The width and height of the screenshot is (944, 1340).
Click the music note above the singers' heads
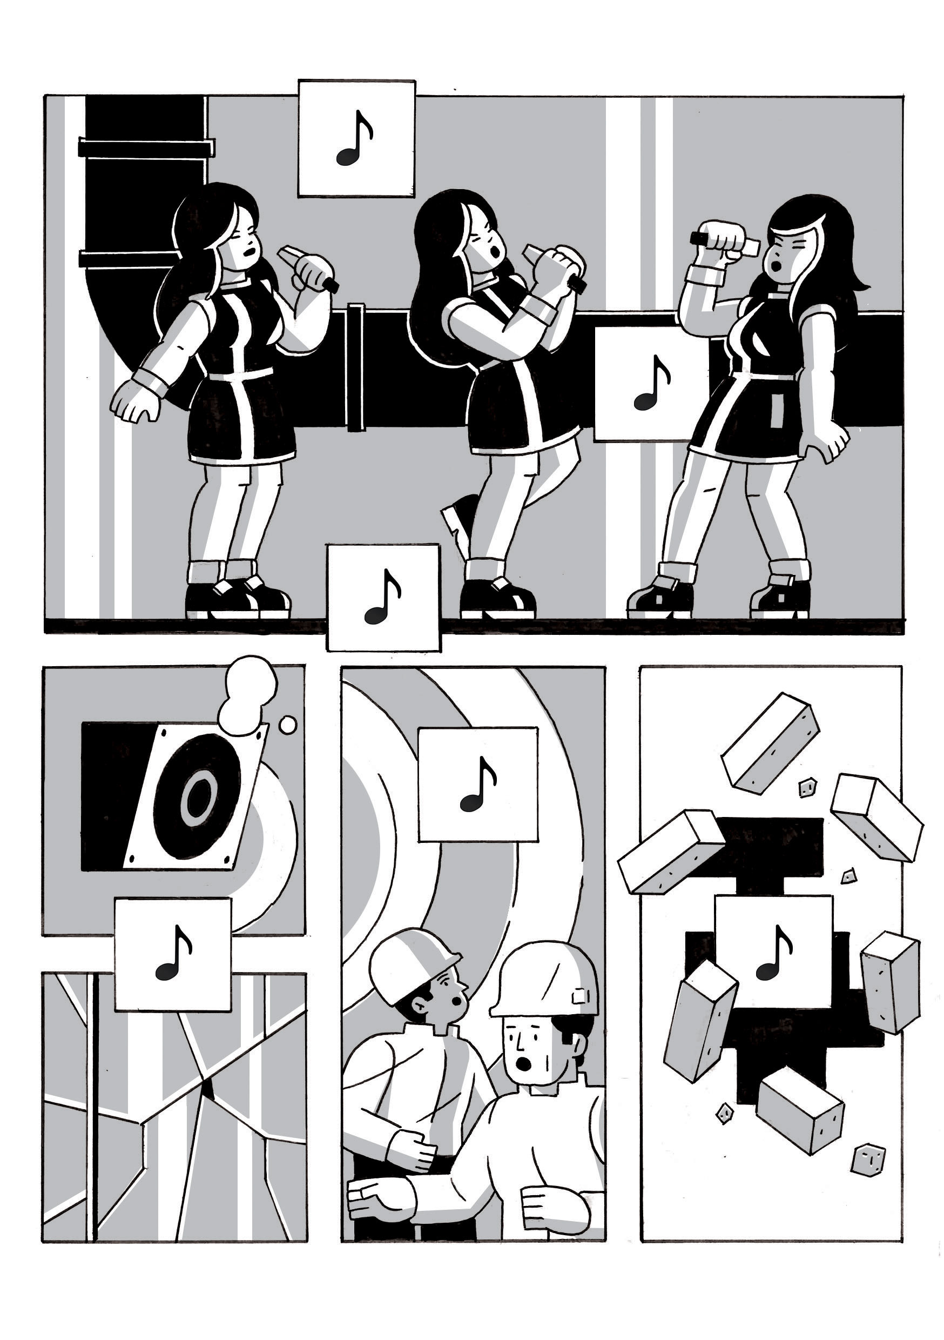[355, 139]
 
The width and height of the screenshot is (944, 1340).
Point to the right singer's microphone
[724, 241]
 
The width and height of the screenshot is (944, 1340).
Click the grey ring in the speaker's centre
[198, 795]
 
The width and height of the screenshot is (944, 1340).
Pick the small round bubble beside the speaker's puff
[288, 725]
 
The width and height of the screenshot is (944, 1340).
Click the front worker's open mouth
[524, 1064]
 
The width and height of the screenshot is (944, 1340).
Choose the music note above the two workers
[478, 785]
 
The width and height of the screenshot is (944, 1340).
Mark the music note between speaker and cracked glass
[173, 955]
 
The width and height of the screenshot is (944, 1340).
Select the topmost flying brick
[770, 742]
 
